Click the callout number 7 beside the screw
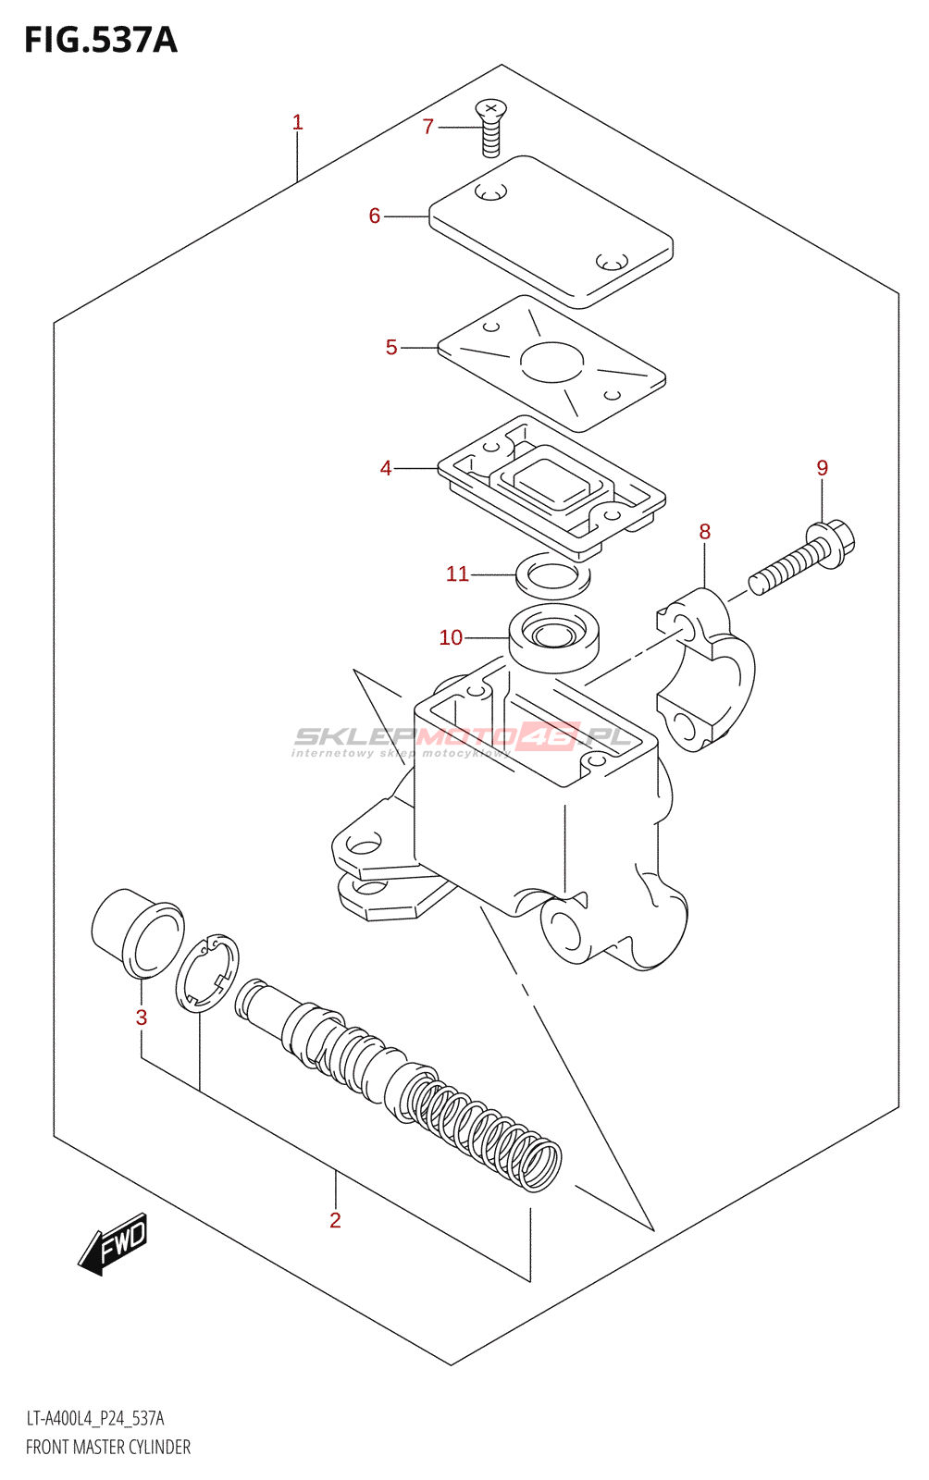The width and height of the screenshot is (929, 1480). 427,127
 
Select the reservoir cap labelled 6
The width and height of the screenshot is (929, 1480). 551,231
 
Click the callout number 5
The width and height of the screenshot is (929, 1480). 391,348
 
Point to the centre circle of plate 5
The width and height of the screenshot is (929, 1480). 551,362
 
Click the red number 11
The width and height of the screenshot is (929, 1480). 457,574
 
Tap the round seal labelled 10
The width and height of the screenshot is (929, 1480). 554,637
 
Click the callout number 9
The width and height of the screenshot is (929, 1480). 822,468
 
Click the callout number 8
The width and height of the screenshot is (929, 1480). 705,532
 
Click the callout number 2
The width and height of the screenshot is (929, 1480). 335,1221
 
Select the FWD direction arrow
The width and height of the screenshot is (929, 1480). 114,1244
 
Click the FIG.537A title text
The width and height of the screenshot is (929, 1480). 100,40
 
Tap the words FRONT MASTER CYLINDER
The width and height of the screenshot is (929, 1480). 108,1448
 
